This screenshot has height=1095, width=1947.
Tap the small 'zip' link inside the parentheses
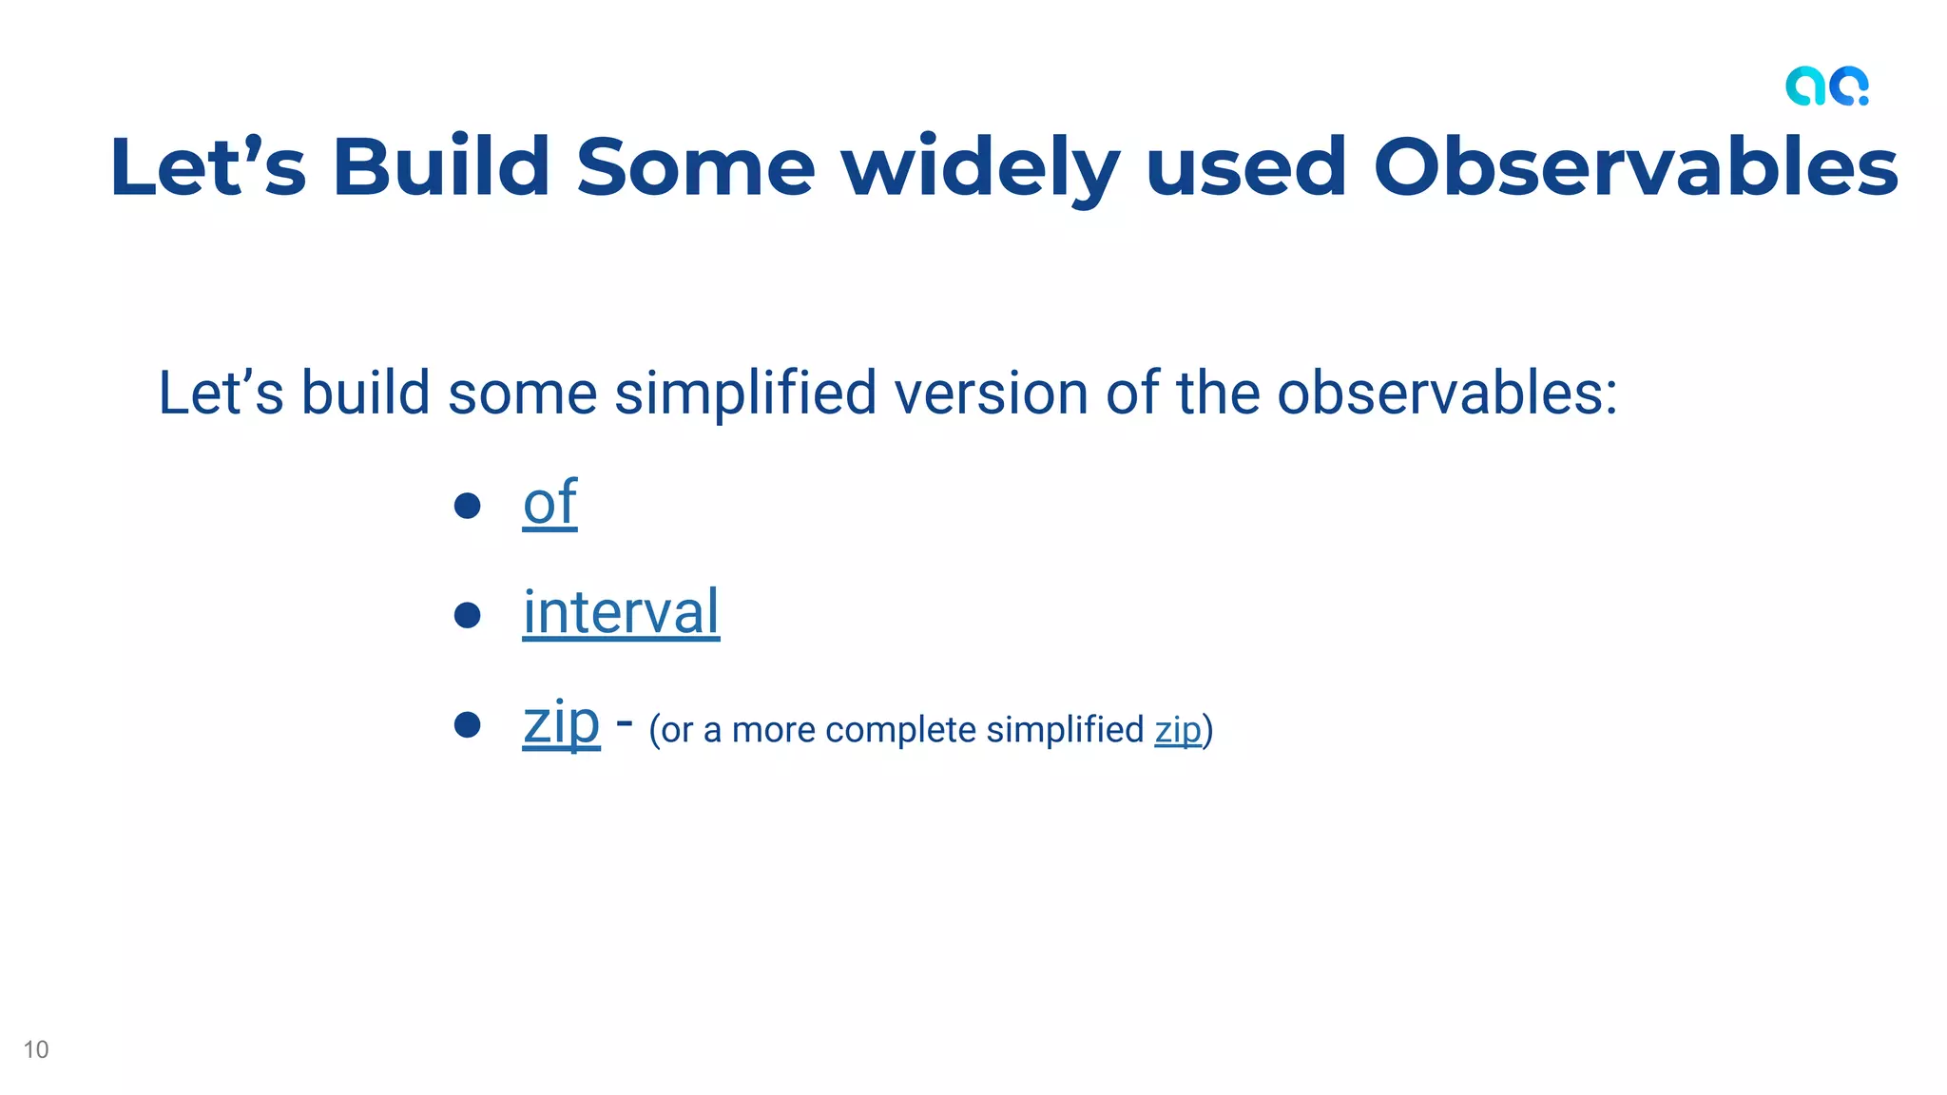click(1178, 730)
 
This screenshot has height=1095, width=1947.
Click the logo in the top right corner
click(1826, 86)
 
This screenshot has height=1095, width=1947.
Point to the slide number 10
click(36, 1049)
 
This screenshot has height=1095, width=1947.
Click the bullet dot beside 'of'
click(467, 505)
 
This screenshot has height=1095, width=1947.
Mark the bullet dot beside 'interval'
click(467, 615)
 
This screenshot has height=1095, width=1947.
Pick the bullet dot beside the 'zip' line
click(467, 725)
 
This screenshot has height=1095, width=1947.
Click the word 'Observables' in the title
click(1635, 167)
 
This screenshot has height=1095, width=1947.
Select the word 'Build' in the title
click(441, 167)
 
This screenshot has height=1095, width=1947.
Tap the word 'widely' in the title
click(980, 167)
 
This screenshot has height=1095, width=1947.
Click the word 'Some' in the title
click(696, 167)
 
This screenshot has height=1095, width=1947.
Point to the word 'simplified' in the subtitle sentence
click(745, 393)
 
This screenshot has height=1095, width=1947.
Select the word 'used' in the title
click(1246, 167)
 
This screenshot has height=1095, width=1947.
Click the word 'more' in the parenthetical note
click(773, 730)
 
